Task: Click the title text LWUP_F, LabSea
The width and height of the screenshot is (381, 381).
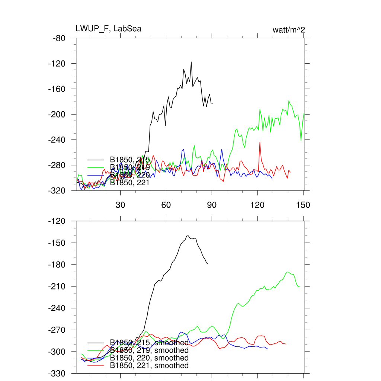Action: tap(108, 29)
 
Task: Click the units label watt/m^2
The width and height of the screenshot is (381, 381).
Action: tap(289, 30)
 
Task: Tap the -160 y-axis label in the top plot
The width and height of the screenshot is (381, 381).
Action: tap(57, 89)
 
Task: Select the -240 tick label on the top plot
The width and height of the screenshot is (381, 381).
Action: tap(57, 140)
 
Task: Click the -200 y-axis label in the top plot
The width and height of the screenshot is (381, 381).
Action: tap(57, 115)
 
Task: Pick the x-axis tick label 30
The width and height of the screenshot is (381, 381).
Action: tap(121, 205)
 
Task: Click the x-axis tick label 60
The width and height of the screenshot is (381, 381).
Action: tap(166, 205)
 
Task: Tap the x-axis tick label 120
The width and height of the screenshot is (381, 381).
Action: tap(257, 205)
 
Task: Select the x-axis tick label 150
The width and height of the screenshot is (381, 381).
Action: tap(303, 205)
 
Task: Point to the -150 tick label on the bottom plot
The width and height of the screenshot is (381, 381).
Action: tap(57, 243)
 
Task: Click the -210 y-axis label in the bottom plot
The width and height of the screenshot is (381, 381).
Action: tap(57, 286)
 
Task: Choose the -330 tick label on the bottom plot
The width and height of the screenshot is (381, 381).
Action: tap(57, 373)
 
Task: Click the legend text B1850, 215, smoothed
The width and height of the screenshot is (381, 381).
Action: tap(149, 343)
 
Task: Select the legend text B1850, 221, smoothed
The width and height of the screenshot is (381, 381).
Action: tap(149, 366)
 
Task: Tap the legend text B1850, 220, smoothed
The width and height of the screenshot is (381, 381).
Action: tap(149, 358)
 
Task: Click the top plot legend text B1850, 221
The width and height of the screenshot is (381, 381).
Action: tap(130, 182)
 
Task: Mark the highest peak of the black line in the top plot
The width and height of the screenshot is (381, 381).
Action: tap(191, 62)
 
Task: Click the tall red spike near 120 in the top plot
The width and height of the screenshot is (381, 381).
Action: tap(260, 142)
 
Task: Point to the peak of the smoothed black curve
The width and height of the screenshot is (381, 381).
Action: tap(188, 236)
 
